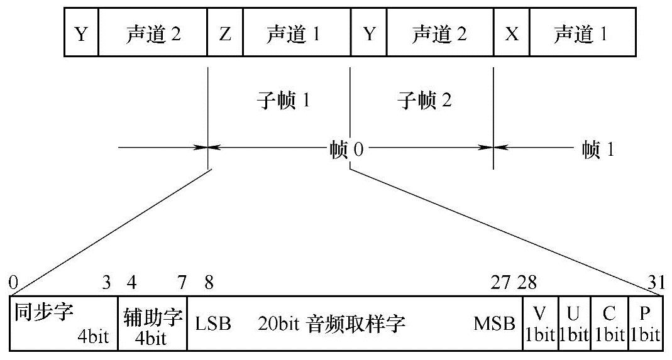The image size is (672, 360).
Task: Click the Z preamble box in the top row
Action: pyautogui.click(x=225, y=34)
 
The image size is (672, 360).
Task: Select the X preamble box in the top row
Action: pyautogui.click(x=512, y=34)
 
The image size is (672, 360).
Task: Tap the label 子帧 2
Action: pyautogui.click(x=425, y=100)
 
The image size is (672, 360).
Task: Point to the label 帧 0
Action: pyautogui.click(x=346, y=150)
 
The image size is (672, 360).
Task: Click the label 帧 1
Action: pyautogui.click(x=598, y=150)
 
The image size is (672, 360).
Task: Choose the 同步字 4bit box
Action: pyautogui.click(x=63, y=322)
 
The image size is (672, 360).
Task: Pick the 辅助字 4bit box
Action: pyautogui.click(x=153, y=322)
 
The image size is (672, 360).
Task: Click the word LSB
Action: pyautogui.click(x=213, y=324)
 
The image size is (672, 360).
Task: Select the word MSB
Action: pyautogui.click(x=495, y=324)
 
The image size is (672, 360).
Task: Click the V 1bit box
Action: pyautogui.click(x=539, y=322)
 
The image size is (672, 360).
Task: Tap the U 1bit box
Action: pyautogui.click(x=573, y=322)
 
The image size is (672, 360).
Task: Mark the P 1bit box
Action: pyautogui.click(x=645, y=322)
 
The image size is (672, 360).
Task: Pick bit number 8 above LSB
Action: pyautogui.click(x=208, y=283)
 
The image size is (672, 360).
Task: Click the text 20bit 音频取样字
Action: pyautogui.click(x=331, y=324)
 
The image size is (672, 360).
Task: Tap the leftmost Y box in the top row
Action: pyautogui.click(x=81, y=34)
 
